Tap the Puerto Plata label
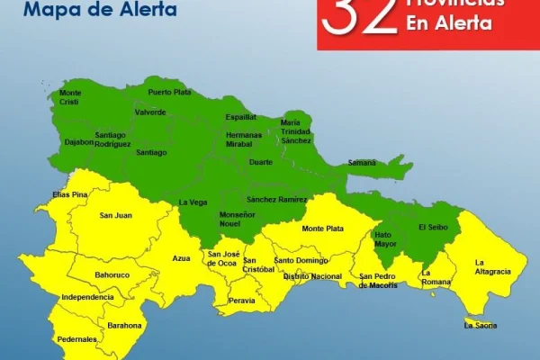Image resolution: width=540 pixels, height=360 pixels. click(170, 92)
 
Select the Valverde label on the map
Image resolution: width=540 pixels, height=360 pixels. click(150, 112)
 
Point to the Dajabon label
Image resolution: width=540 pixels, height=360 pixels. click(79, 141)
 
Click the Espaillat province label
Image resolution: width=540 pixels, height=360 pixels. click(240, 117)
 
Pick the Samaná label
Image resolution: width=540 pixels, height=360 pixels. click(362, 163)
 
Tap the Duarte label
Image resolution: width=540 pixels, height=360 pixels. click(260, 163)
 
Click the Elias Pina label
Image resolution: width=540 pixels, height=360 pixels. click(69, 194)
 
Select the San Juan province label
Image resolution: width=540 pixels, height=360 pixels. click(116, 215)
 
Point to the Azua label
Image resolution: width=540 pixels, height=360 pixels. click(182, 258)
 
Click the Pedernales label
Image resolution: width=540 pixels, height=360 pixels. click(76, 339)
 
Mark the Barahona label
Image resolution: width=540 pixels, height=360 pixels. click(124, 325)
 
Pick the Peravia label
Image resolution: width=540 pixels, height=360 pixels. click(241, 301)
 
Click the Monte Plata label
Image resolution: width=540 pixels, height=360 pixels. click(322, 229)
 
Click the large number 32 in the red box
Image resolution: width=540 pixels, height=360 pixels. click(360, 15)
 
